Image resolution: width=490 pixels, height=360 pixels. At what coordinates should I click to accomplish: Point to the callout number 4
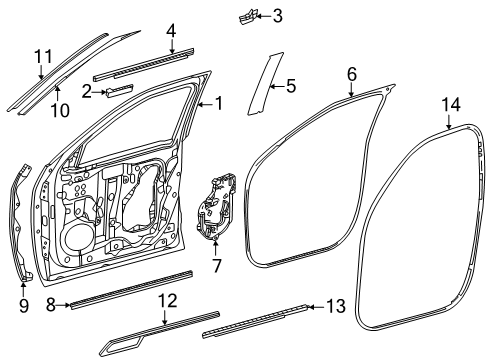pyautogui.click(x=171, y=31)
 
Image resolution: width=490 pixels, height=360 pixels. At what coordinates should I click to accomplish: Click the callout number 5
pyautogui.click(x=291, y=87)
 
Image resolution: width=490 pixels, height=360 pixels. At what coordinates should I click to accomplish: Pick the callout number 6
pyautogui.click(x=352, y=74)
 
